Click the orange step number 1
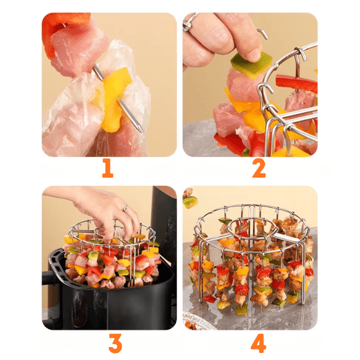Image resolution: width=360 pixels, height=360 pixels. click(x=108, y=168)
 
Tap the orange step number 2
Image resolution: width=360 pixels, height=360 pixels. click(x=259, y=168)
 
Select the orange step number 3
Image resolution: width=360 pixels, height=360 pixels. click(x=115, y=343)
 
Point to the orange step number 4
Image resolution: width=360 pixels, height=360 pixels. click(x=258, y=343)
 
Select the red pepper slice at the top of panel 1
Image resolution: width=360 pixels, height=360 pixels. click(x=62, y=28)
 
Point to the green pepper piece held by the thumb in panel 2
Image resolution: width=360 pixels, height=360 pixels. click(x=251, y=65)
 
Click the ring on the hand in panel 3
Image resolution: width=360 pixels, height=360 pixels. click(x=125, y=209)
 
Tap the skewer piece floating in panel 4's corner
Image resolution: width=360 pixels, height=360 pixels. click(x=189, y=199)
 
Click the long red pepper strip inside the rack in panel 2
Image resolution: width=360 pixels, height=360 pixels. click(x=296, y=84)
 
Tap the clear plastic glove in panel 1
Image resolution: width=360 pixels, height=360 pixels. click(x=96, y=108)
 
